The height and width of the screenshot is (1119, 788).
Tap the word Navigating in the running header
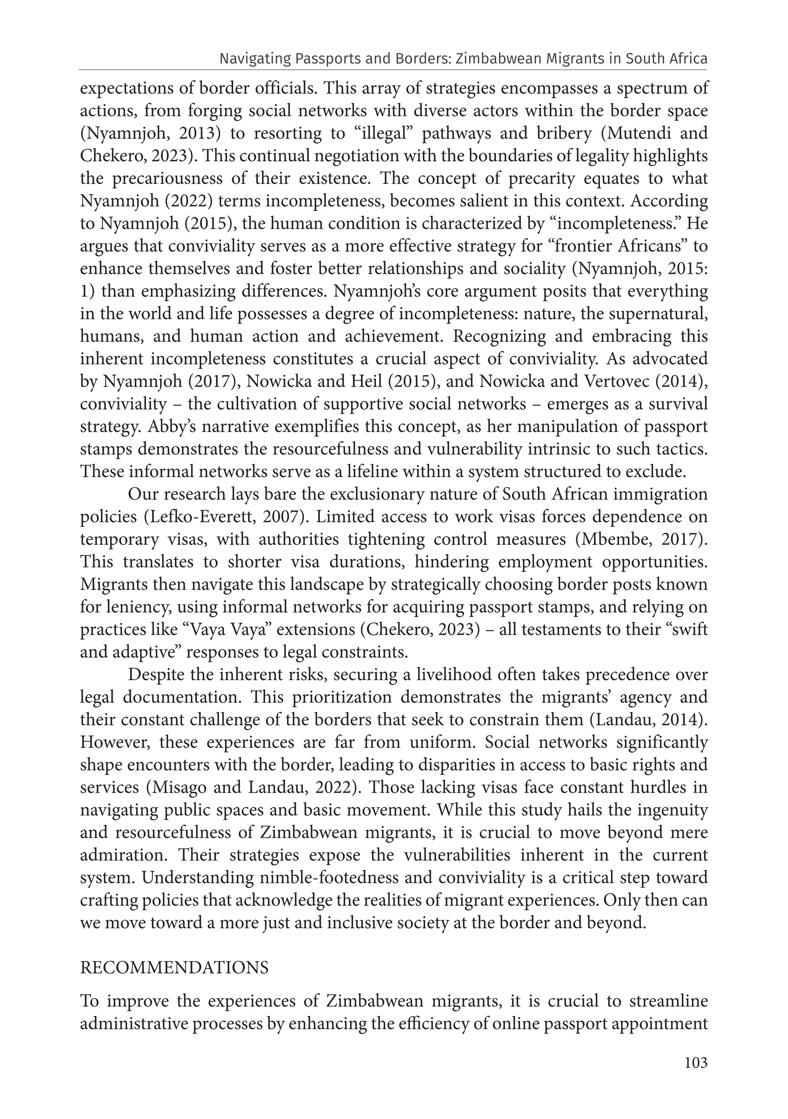pos(249,59)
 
